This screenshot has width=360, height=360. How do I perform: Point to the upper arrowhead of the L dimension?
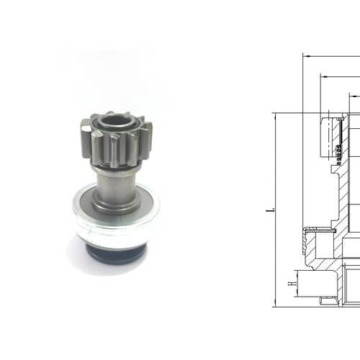tap(276, 116)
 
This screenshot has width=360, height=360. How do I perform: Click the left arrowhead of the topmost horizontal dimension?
tap(305, 55)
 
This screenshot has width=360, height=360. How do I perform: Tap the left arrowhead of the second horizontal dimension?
tap(321, 75)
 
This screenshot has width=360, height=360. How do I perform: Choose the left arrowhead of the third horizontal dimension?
tap(353, 94)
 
